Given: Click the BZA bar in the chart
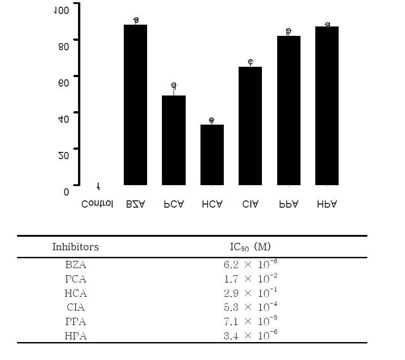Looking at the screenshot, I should click(x=135, y=105).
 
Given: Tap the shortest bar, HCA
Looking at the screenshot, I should click(x=212, y=155).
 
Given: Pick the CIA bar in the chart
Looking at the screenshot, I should click(x=250, y=126).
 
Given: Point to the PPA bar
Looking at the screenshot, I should click(x=288, y=110).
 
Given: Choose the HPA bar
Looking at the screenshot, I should click(x=327, y=106).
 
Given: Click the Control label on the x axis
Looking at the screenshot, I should click(x=97, y=204).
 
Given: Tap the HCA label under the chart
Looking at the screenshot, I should click(x=212, y=204).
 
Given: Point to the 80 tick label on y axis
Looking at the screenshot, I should click(x=64, y=46).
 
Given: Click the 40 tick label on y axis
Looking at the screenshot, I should click(x=64, y=119).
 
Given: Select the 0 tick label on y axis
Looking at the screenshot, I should click(x=66, y=192).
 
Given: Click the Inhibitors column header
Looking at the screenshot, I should click(x=75, y=247).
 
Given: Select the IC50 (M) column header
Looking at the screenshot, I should click(x=250, y=247).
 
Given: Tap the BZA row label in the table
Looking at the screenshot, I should click(x=75, y=265).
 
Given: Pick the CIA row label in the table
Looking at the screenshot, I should click(x=75, y=308).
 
